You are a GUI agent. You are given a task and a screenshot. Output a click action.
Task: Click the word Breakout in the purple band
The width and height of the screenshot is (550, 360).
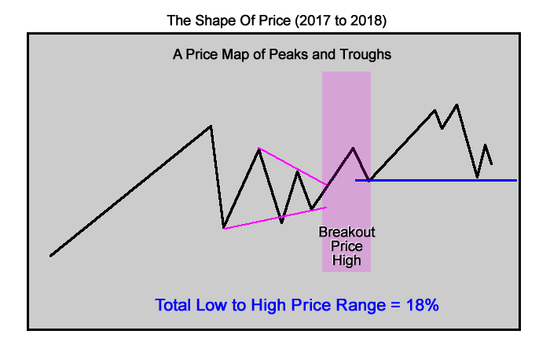click(x=346, y=233)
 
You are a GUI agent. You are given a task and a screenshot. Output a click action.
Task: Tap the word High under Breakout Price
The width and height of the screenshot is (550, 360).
click(x=346, y=261)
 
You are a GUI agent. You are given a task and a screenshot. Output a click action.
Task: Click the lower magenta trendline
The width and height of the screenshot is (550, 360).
click(x=275, y=218)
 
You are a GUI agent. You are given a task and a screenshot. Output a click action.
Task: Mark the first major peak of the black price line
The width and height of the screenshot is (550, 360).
click(x=211, y=126)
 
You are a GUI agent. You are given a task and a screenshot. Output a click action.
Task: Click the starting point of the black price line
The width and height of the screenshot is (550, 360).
click(x=51, y=255)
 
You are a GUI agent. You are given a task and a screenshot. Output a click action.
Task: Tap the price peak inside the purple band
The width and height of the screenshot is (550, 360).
click(x=354, y=148)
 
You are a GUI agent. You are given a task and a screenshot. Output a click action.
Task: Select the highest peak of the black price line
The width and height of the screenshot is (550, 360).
click(x=456, y=104)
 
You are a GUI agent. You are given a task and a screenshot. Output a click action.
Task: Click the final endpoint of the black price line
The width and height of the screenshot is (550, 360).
click(x=492, y=164)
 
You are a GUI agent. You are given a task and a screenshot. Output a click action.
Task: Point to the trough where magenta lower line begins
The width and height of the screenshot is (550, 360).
click(x=224, y=228)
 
